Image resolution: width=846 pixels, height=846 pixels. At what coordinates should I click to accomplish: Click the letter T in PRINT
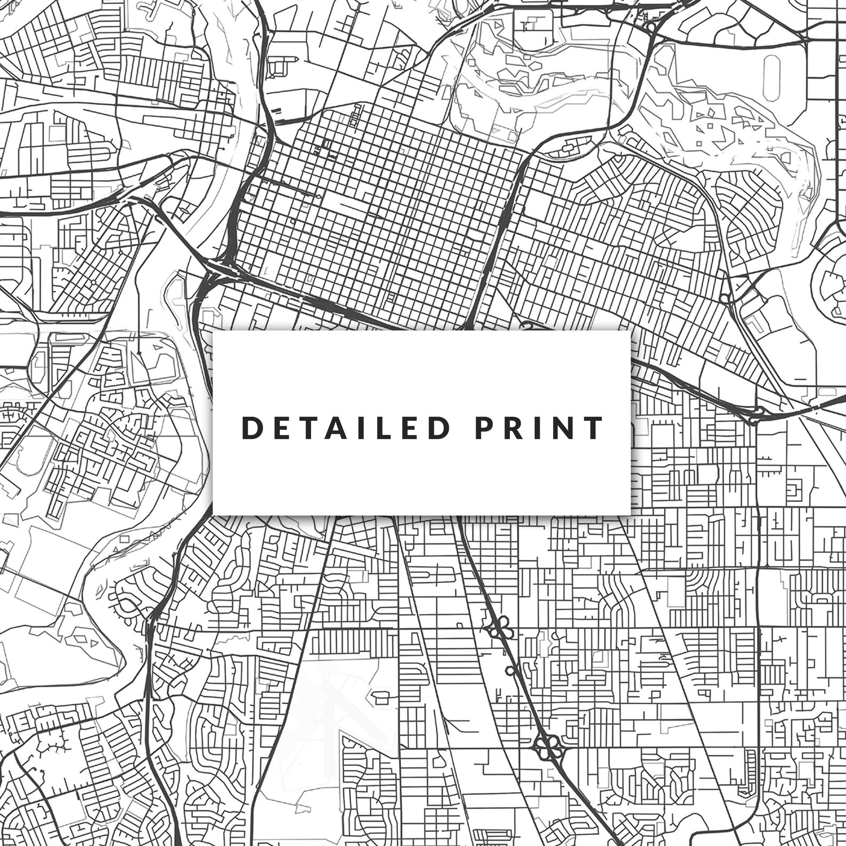point(593,428)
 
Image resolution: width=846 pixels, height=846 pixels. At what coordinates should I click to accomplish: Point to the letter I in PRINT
point(538,428)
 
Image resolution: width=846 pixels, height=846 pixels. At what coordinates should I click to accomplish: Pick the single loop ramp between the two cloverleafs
point(513,670)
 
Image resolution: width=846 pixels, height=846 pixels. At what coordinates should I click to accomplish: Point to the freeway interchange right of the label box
point(755,414)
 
